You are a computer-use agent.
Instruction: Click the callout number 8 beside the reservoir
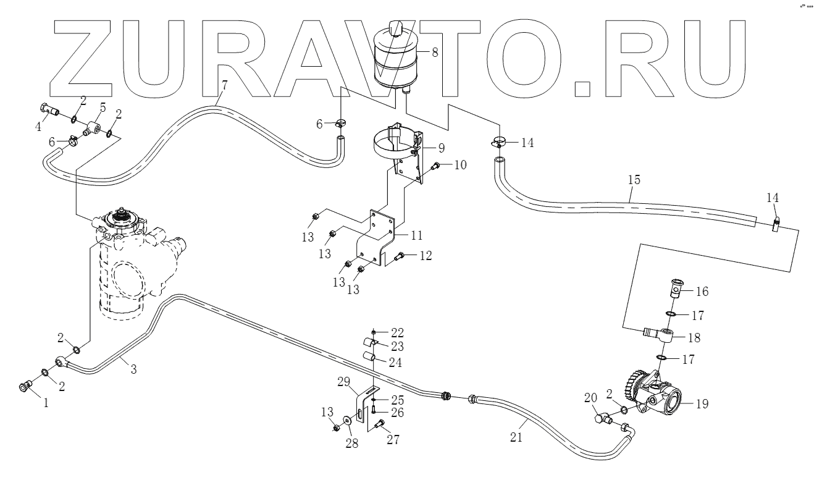pyautogui.click(x=435, y=53)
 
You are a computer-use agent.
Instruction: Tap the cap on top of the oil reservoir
pyautogui.click(x=395, y=27)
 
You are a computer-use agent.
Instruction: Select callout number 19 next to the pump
pyautogui.click(x=702, y=405)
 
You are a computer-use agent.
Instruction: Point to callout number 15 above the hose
pyautogui.click(x=633, y=180)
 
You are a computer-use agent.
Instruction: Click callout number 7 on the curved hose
pyautogui.click(x=224, y=85)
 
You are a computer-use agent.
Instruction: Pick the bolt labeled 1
pyautogui.click(x=25, y=387)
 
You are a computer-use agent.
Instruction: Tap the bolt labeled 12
pyautogui.click(x=398, y=256)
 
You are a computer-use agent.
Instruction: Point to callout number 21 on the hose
pyautogui.click(x=516, y=437)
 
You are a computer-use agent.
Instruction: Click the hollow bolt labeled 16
pyautogui.click(x=676, y=289)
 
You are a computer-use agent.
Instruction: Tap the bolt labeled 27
pyautogui.click(x=379, y=424)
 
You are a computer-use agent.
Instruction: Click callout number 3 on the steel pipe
pyautogui.click(x=133, y=369)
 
